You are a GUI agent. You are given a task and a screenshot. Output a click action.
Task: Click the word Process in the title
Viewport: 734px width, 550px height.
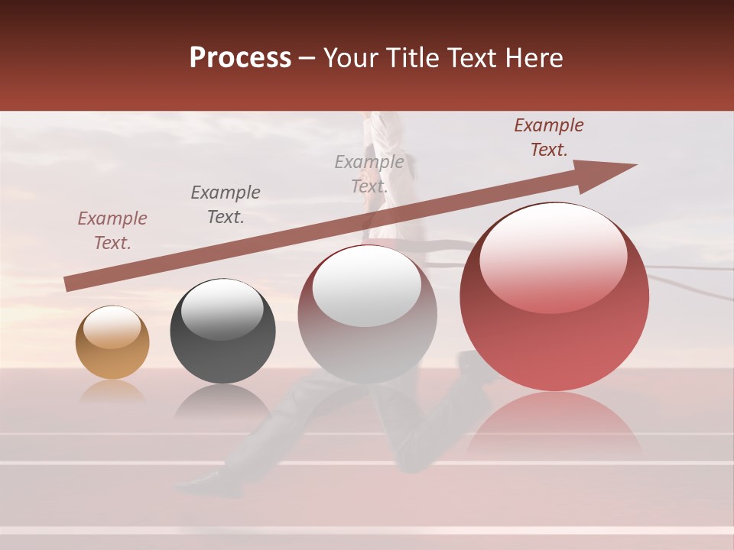click(x=240, y=58)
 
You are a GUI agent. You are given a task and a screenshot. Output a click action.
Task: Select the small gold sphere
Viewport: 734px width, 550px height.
click(x=112, y=342)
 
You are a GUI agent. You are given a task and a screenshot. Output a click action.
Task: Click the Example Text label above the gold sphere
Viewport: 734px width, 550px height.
click(x=112, y=231)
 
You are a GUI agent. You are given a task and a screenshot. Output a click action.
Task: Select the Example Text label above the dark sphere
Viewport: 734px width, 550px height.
click(x=226, y=205)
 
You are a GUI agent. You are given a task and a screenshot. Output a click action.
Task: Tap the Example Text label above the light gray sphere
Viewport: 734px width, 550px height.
click(x=369, y=174)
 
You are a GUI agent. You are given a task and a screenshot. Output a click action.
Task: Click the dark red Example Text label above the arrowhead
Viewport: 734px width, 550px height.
click(x=549, y=137)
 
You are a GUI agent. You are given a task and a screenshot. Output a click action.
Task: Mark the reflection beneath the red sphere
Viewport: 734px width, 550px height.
click(x=554, y=428)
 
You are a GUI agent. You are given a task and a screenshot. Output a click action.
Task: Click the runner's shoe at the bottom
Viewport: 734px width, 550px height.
click(x=197, y=481)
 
